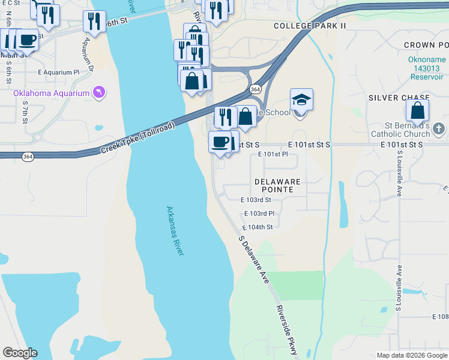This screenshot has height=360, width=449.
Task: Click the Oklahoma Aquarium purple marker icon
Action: coord(99,92)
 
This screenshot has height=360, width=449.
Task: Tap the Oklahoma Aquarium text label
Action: coord(50,93)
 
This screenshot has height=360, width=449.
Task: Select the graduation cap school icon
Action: coord(301,100)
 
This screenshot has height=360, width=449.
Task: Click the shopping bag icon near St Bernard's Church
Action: coord(417,111)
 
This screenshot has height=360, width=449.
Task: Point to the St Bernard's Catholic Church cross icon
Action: coord(439,128)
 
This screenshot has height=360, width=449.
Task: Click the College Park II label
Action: coord(310,26)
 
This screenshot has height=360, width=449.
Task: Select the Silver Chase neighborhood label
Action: coord(399,98)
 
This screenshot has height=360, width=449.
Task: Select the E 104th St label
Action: coord(258,227)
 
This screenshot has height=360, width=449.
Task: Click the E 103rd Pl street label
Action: coord(259,214)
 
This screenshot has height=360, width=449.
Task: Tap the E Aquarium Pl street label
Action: coord(58,72)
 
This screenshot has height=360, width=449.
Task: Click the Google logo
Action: coord(20,353)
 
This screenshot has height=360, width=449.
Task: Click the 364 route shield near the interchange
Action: coord(256,89)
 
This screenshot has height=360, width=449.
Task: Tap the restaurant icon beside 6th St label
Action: coord(94,21)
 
